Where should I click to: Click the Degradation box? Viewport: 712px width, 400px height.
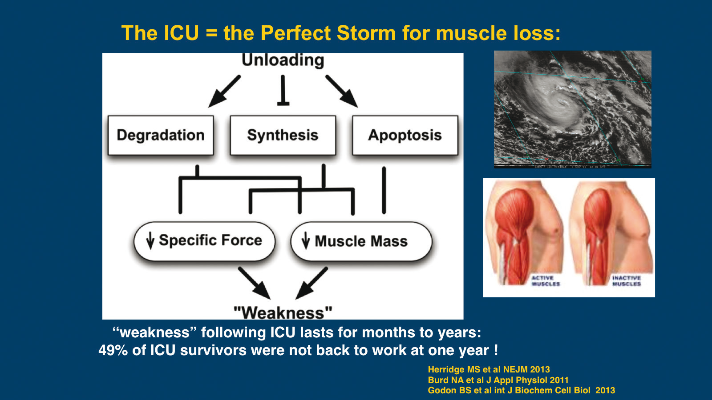click(x=161, y=135)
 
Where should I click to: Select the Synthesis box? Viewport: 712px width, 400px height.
click(x=283, y=135)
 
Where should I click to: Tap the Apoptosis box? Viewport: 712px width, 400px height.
click(x=405, y=135)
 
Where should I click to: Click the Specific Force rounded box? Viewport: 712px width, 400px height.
click(x=204, y=240)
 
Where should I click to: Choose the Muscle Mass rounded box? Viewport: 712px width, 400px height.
click(x=361, y=241)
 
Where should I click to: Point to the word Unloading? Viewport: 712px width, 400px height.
click(x=283, y=60)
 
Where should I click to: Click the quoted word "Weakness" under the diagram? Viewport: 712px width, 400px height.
click(x=283, y=312)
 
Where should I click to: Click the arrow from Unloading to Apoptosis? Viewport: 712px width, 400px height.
click(x=341, y=91)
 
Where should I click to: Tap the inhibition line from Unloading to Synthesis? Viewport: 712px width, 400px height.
click(x=283, y=91)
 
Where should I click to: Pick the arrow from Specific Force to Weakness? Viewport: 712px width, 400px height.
click(x=254, y=283)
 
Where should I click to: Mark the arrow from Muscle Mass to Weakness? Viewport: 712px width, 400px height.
click(x=312, y=283)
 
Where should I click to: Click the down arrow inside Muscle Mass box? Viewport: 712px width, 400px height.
click(x=305, y=240)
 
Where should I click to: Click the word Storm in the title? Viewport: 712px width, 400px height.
click(x=366, y=33)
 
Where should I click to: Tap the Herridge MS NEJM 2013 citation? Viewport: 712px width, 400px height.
click(x=489, y=369)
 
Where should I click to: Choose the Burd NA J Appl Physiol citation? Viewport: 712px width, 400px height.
click(x=498, y=380)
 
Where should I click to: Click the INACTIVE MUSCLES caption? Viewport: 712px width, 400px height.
click(x=626, y=281)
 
